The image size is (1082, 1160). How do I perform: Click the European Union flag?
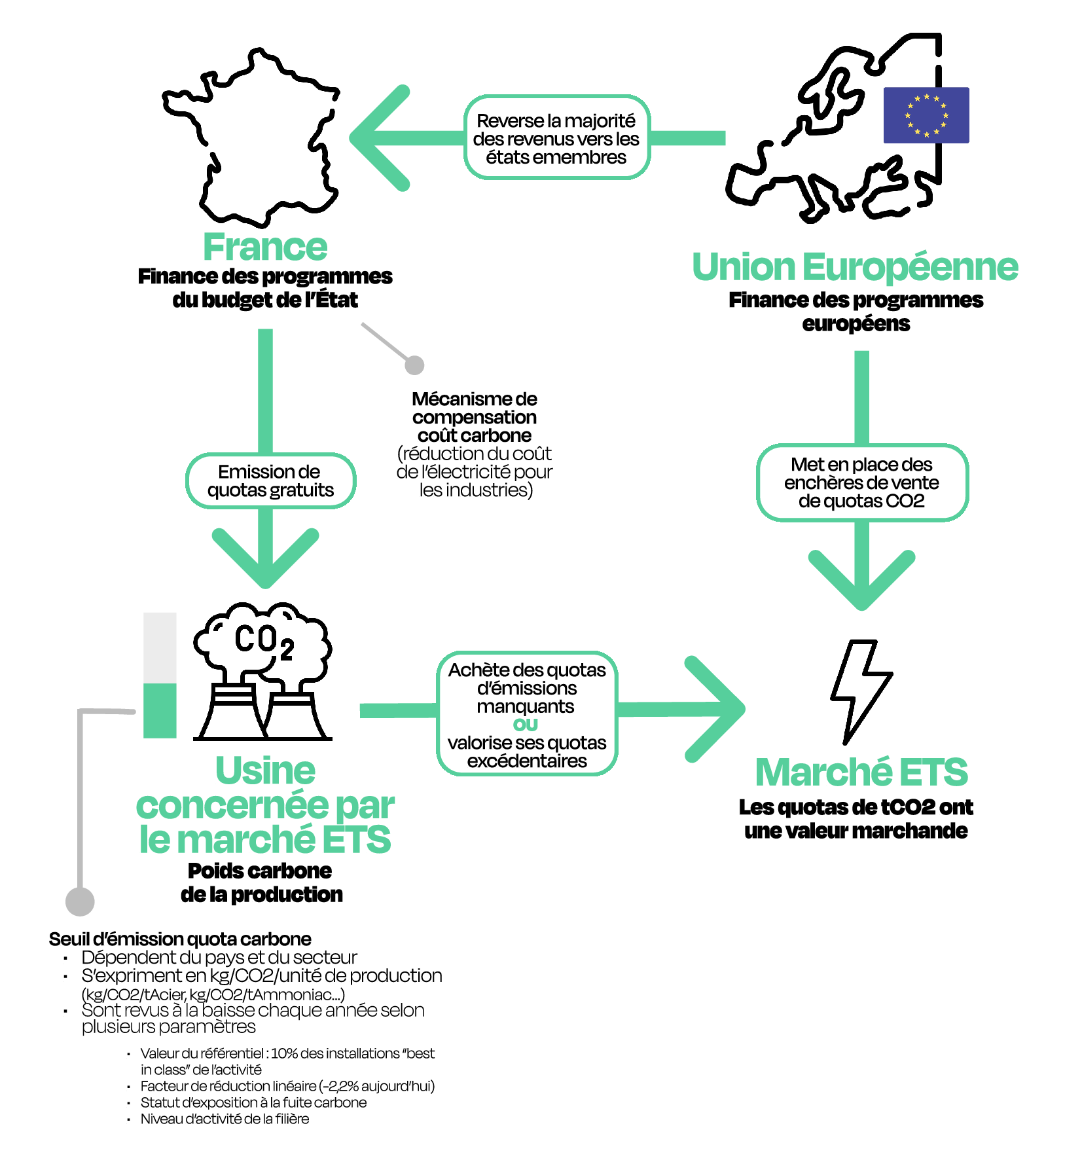926,115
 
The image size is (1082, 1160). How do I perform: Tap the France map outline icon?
252,137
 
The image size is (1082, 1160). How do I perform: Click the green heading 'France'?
264,247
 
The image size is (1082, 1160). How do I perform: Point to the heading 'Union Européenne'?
855,267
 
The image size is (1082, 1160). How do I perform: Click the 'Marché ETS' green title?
861,772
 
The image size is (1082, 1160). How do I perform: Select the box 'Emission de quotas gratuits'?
270,481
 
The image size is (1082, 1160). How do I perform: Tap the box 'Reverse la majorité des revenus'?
556,138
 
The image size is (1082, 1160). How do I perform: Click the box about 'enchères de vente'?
861,483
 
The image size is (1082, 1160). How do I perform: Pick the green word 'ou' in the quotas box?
526,725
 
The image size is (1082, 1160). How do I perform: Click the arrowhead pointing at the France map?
376,138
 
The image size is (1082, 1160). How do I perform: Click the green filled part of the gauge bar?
160,711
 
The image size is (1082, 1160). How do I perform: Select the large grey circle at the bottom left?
80,901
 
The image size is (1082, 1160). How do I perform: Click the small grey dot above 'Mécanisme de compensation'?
414,365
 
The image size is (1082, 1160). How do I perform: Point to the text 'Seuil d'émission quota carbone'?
180,939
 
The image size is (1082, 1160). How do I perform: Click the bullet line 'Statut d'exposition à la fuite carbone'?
253,1102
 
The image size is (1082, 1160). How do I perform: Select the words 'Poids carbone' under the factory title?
259,871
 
